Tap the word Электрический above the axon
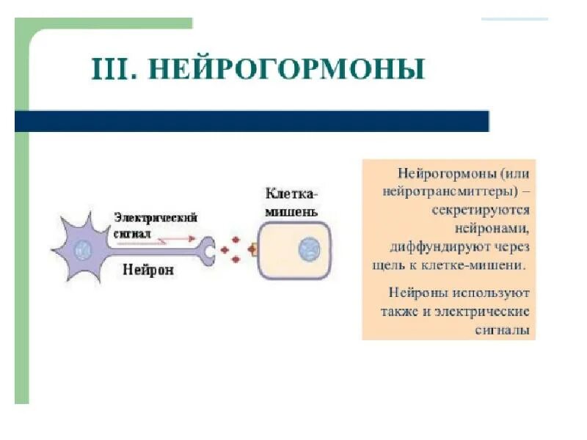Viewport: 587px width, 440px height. click(156, 219)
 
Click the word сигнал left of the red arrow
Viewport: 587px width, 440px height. click(132, 233)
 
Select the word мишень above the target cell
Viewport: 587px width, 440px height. click(292, 212)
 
